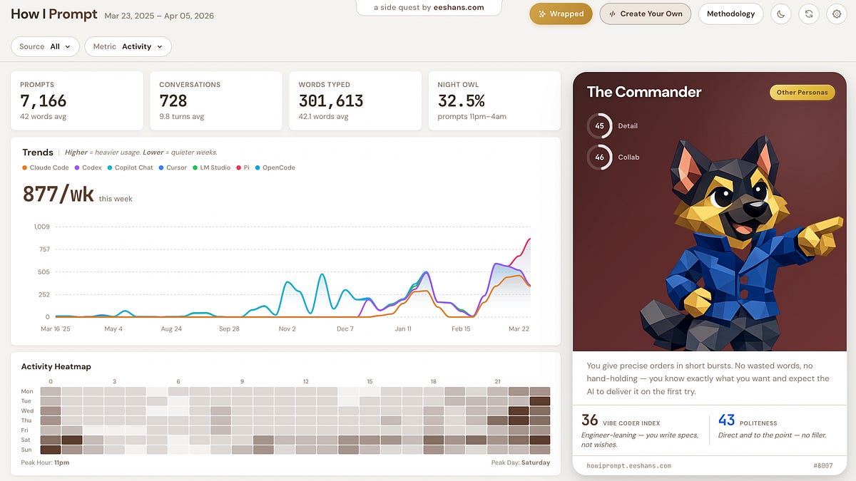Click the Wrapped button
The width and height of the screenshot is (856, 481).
tap(561, 14)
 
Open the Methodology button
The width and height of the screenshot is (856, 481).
tap(730, 14)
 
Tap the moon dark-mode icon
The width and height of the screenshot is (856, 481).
tap(781, 14)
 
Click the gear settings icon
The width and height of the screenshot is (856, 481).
tap(837, 14)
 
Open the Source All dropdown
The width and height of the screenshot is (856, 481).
tap(45, 46)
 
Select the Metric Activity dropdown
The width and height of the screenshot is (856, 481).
tap(128, 46)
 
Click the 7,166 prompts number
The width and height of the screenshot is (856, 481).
tap(44, 100)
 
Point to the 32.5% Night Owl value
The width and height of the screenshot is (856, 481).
tap(461, 100)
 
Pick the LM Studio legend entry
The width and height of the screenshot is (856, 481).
tap(214, 167)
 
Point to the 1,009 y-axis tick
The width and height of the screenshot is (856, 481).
tap(41, 227)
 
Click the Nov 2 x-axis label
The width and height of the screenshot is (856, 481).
tap(287, 329)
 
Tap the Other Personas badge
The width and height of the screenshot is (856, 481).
tap(802, 92)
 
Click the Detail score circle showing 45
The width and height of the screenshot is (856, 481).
tap(599, 125)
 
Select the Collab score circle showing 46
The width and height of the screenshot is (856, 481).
tap(599, 157)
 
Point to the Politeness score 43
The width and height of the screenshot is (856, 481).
tap(726, 420)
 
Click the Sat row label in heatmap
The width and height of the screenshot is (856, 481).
tap(27, 440)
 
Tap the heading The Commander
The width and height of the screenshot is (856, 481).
tap(643, 92)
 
